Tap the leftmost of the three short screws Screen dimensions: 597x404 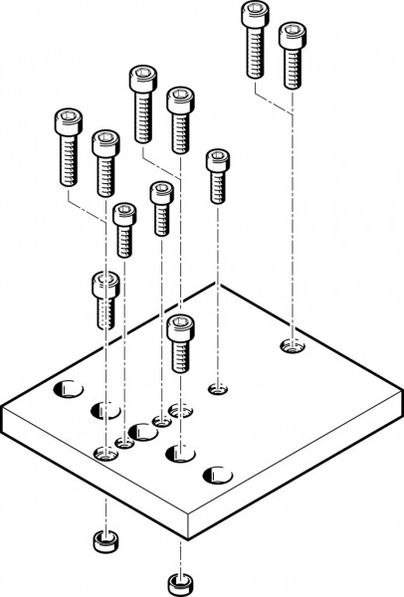pos(123,228)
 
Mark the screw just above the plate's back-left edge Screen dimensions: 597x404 pos(105,298)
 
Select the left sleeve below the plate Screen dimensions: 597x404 pos(103,541)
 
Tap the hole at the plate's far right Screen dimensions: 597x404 pos(291,346)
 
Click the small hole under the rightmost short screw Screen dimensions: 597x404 pos(217,389)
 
